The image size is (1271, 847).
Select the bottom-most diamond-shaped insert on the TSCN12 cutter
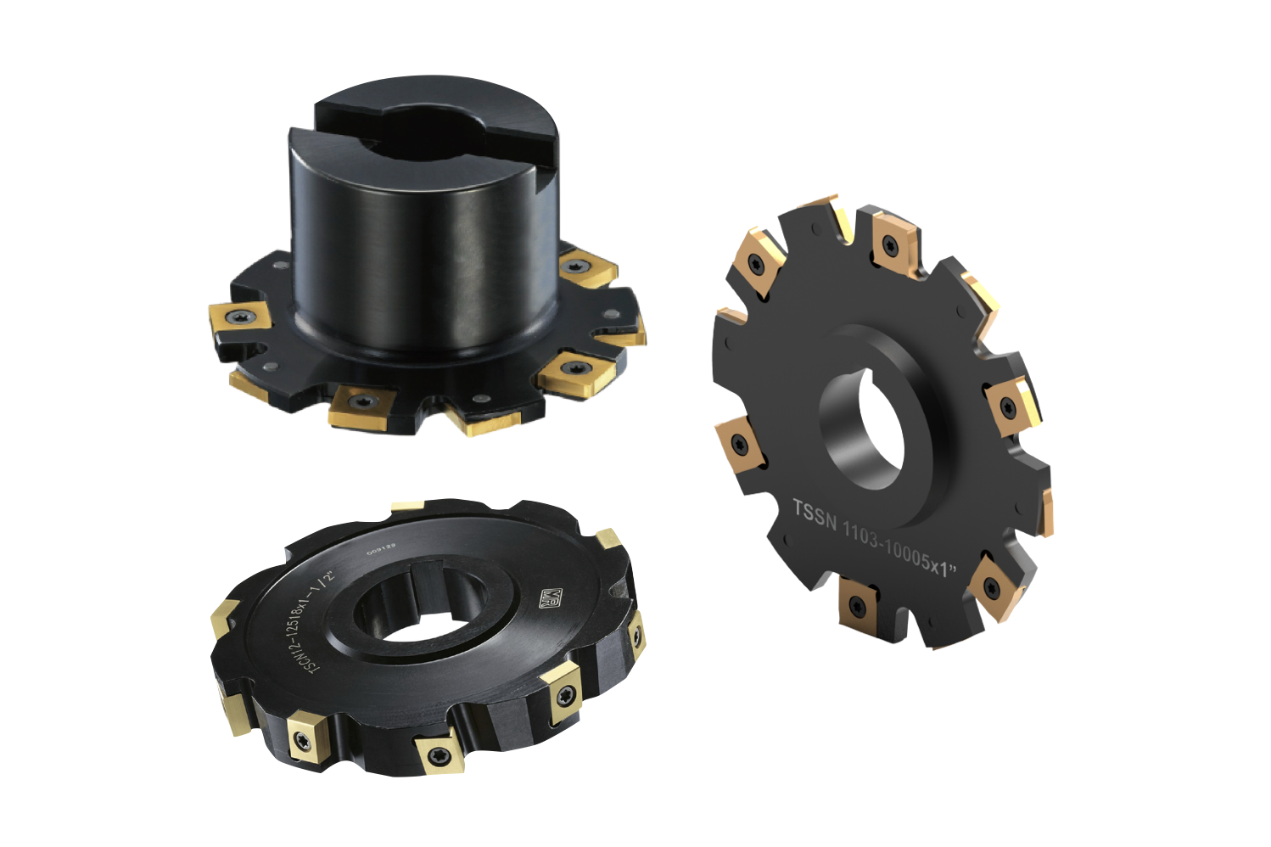click(437, 753)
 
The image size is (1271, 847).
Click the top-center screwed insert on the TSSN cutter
click(892, 243)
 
